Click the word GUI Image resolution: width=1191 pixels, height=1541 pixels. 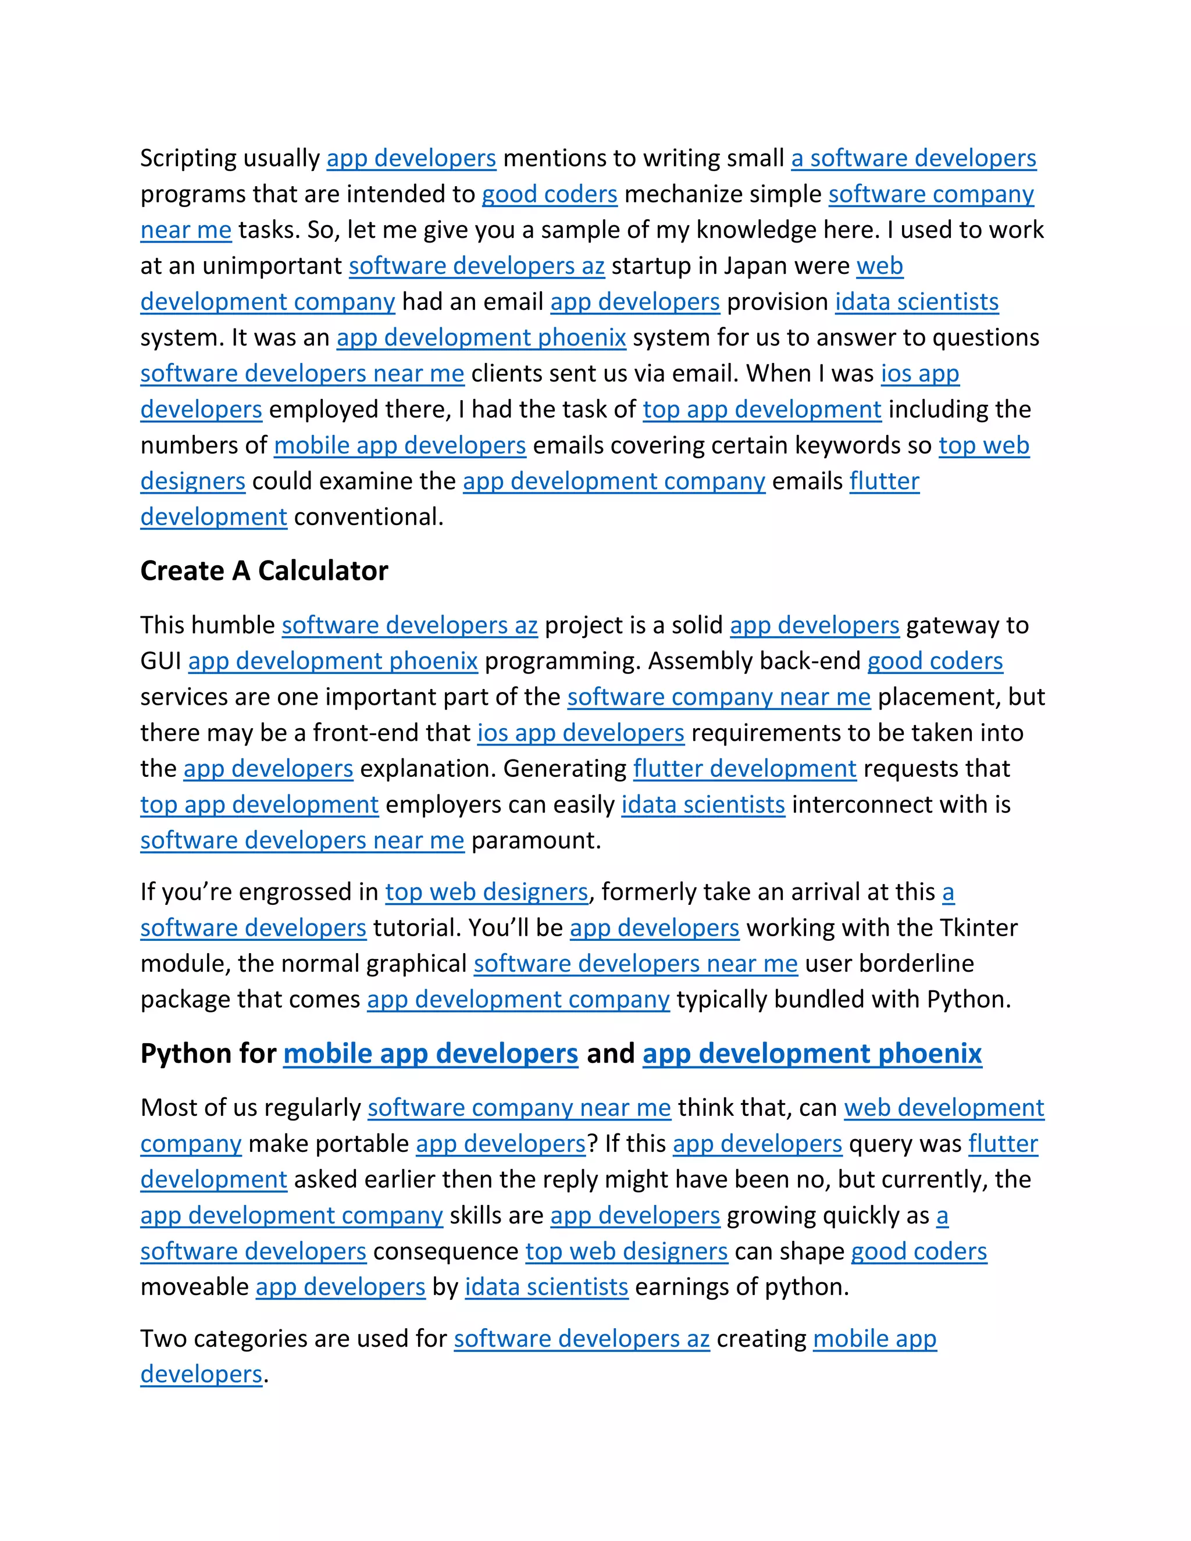(161, 661)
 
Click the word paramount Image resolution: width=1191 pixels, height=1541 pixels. (536, 840)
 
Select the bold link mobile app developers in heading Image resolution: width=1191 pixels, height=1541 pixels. (430, 1054)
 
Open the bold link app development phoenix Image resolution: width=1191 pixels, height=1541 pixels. (811, 1054)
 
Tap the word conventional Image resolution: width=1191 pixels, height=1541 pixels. (368, 517)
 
